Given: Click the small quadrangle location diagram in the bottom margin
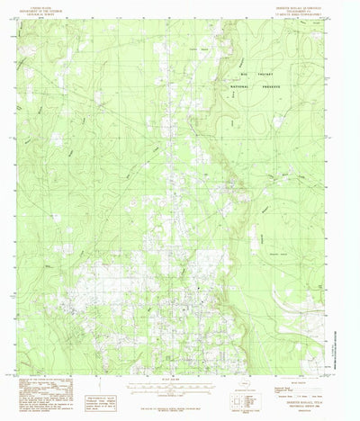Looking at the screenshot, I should [x=244, y=390].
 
